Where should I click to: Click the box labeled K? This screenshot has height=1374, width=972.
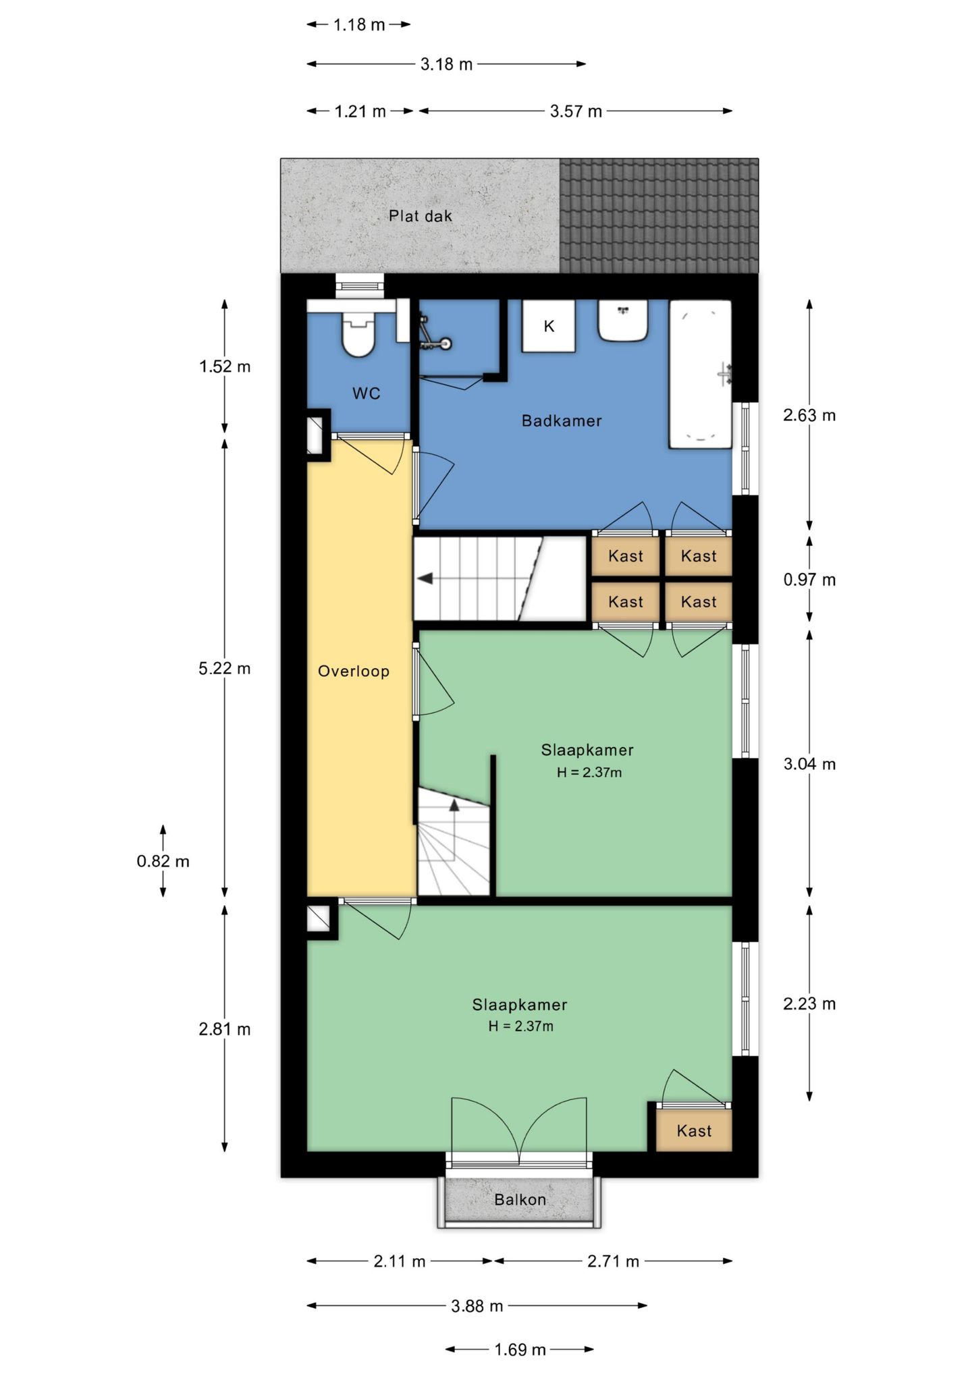pyautogui.click(x=548, y=327)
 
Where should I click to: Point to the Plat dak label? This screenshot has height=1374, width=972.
pyautogui.click(x=420, y=217)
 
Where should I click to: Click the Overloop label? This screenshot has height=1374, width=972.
pyautogui.click(x=354, y=671)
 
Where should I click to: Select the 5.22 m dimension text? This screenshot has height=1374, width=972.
pyautogui.click(x=224, y=669)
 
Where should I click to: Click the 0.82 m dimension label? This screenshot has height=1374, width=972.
pyautogui.click(x=163, y=862)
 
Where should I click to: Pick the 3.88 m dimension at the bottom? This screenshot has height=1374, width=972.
pyautogui.click(x=477, y=1307)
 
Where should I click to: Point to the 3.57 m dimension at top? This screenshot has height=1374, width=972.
pyautogui.click(x=575, y=111)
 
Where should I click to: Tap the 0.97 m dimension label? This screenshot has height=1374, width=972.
pyautogui.click(x=809, y=580)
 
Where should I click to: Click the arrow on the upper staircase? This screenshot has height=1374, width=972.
pyautogui.click(x=426, y=579)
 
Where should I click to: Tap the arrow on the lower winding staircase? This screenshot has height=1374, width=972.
pyautogui.click(x=454, y=805)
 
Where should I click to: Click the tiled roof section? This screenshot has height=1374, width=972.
pyautogui.click(x=659, y=216)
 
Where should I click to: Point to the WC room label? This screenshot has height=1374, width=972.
pyautogui.click(x=366, y=393)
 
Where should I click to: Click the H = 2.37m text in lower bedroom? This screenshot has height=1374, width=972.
pyautogui.click(x=520, y=1026)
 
